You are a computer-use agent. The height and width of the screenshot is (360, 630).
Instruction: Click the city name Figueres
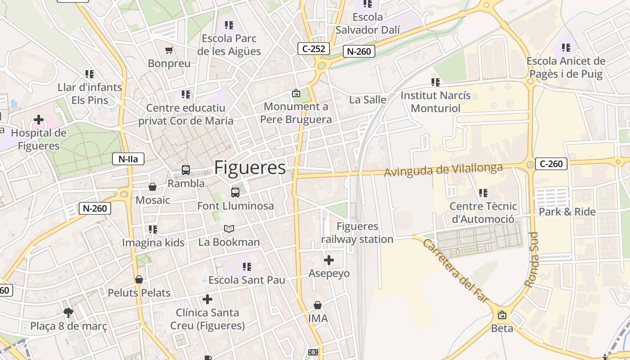point(250,168)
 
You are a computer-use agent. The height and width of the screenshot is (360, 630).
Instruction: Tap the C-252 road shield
point(314,49)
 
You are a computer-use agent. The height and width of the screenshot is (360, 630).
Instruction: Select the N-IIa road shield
point(128,158)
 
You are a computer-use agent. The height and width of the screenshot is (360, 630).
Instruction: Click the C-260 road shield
point(551,164)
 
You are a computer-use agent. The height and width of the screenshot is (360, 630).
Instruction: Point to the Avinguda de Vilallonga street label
point(443,170)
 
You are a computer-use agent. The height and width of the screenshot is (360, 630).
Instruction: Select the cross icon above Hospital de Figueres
point(39,120)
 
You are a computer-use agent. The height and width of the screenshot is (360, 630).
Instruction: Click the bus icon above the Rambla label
point(186,170)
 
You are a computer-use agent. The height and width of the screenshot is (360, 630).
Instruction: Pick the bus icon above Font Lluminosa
point(235,193)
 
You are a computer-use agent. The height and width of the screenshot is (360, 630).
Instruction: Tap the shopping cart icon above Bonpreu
point(169,50)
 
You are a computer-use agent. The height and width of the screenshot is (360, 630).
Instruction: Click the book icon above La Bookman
point(229,229)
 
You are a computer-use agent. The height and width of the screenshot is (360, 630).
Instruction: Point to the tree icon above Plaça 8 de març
point(68,313)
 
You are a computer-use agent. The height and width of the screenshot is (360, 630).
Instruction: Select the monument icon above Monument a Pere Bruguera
point(296,94)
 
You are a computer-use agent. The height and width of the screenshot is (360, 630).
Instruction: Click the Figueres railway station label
point(357,233)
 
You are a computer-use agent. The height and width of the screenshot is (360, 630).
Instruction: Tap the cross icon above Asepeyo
point(329,260)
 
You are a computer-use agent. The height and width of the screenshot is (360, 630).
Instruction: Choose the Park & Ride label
point(567,211)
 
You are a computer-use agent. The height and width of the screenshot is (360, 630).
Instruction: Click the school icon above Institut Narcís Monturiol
point(435,82)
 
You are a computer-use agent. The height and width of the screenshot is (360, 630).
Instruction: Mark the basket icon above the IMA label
point(318,305)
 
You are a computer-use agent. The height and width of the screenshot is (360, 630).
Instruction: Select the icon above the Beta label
point(502,315)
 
